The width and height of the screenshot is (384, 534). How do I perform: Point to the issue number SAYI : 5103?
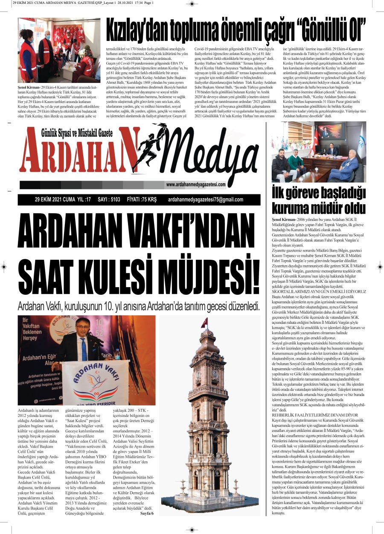(x=109, y=200)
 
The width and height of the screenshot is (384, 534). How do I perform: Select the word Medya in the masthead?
(x=213, y=150)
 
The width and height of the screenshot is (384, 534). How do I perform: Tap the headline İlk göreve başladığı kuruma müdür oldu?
(x=318, y=201)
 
